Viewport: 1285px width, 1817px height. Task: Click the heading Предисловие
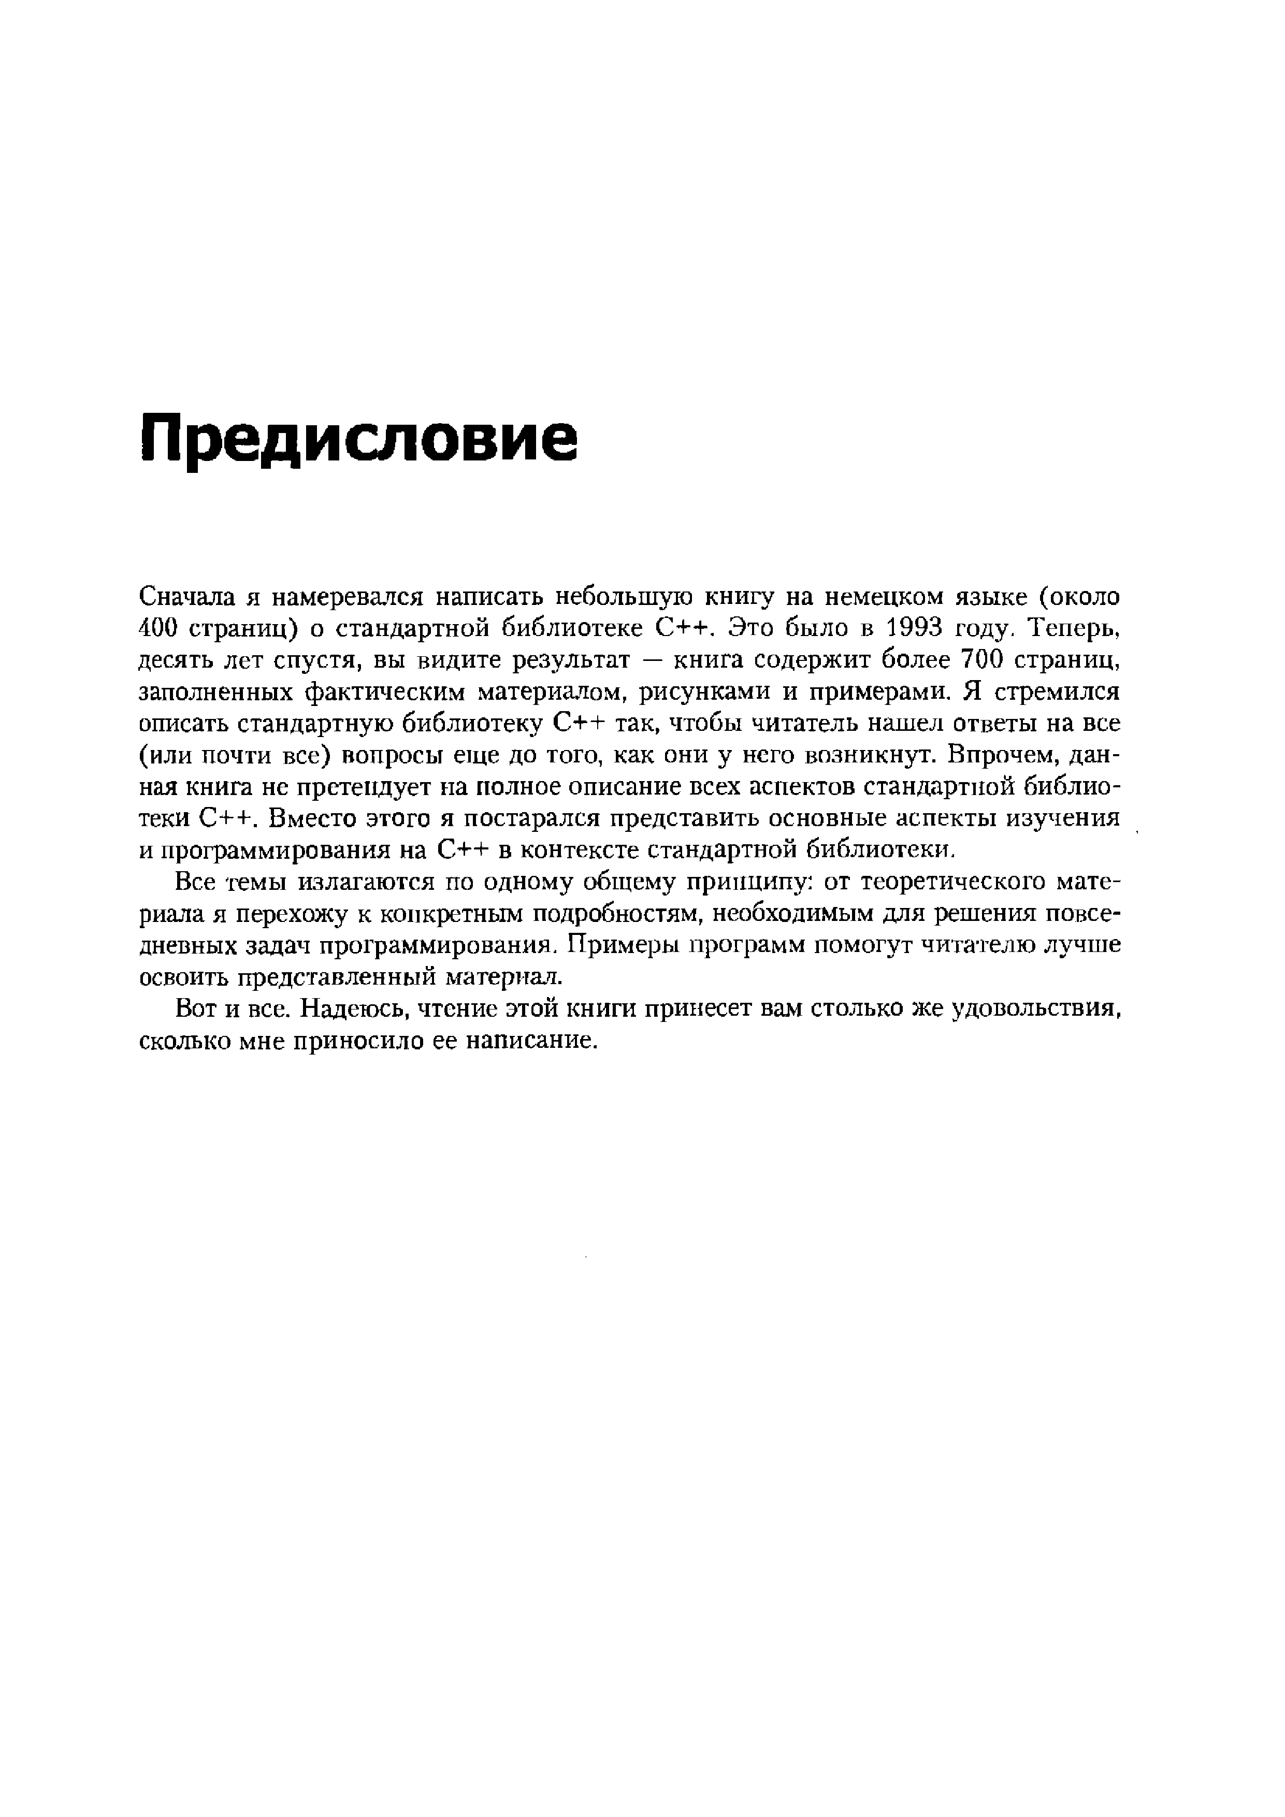(358, 440)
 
